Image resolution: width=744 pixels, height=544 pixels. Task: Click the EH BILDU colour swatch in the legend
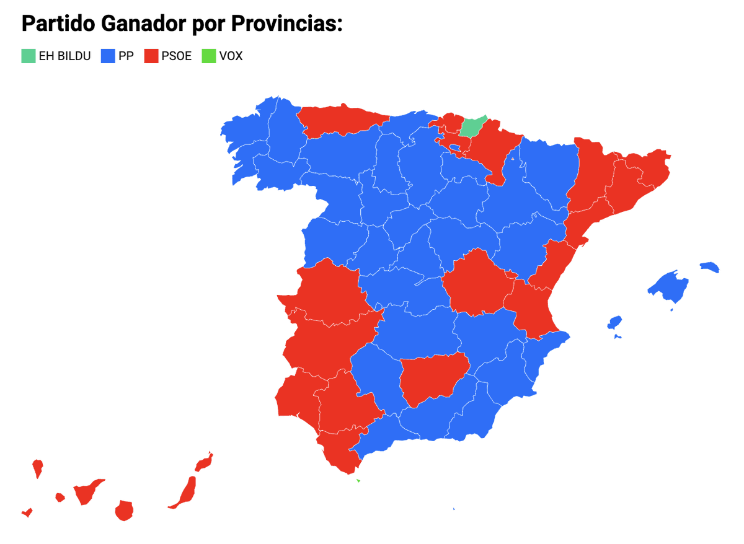[29, 56]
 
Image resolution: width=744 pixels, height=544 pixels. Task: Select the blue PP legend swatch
[108, 56]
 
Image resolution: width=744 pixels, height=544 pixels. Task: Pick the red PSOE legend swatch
[151, 56]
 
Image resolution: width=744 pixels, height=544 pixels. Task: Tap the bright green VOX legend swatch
[208, 56]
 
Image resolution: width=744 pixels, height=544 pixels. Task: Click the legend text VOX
[231, 56]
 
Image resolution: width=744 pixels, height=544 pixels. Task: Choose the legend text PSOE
[177, 56]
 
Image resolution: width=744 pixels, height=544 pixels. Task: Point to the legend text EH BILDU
[64, 56]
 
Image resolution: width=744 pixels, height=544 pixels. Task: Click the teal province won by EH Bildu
[472, 126]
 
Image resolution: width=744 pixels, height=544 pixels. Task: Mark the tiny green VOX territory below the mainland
[358, 480]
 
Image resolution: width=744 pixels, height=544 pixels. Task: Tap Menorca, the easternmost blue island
[711, 268]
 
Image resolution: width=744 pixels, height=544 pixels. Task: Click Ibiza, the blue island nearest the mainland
[614, 323]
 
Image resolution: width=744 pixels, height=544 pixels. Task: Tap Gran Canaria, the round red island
[124, 511]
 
